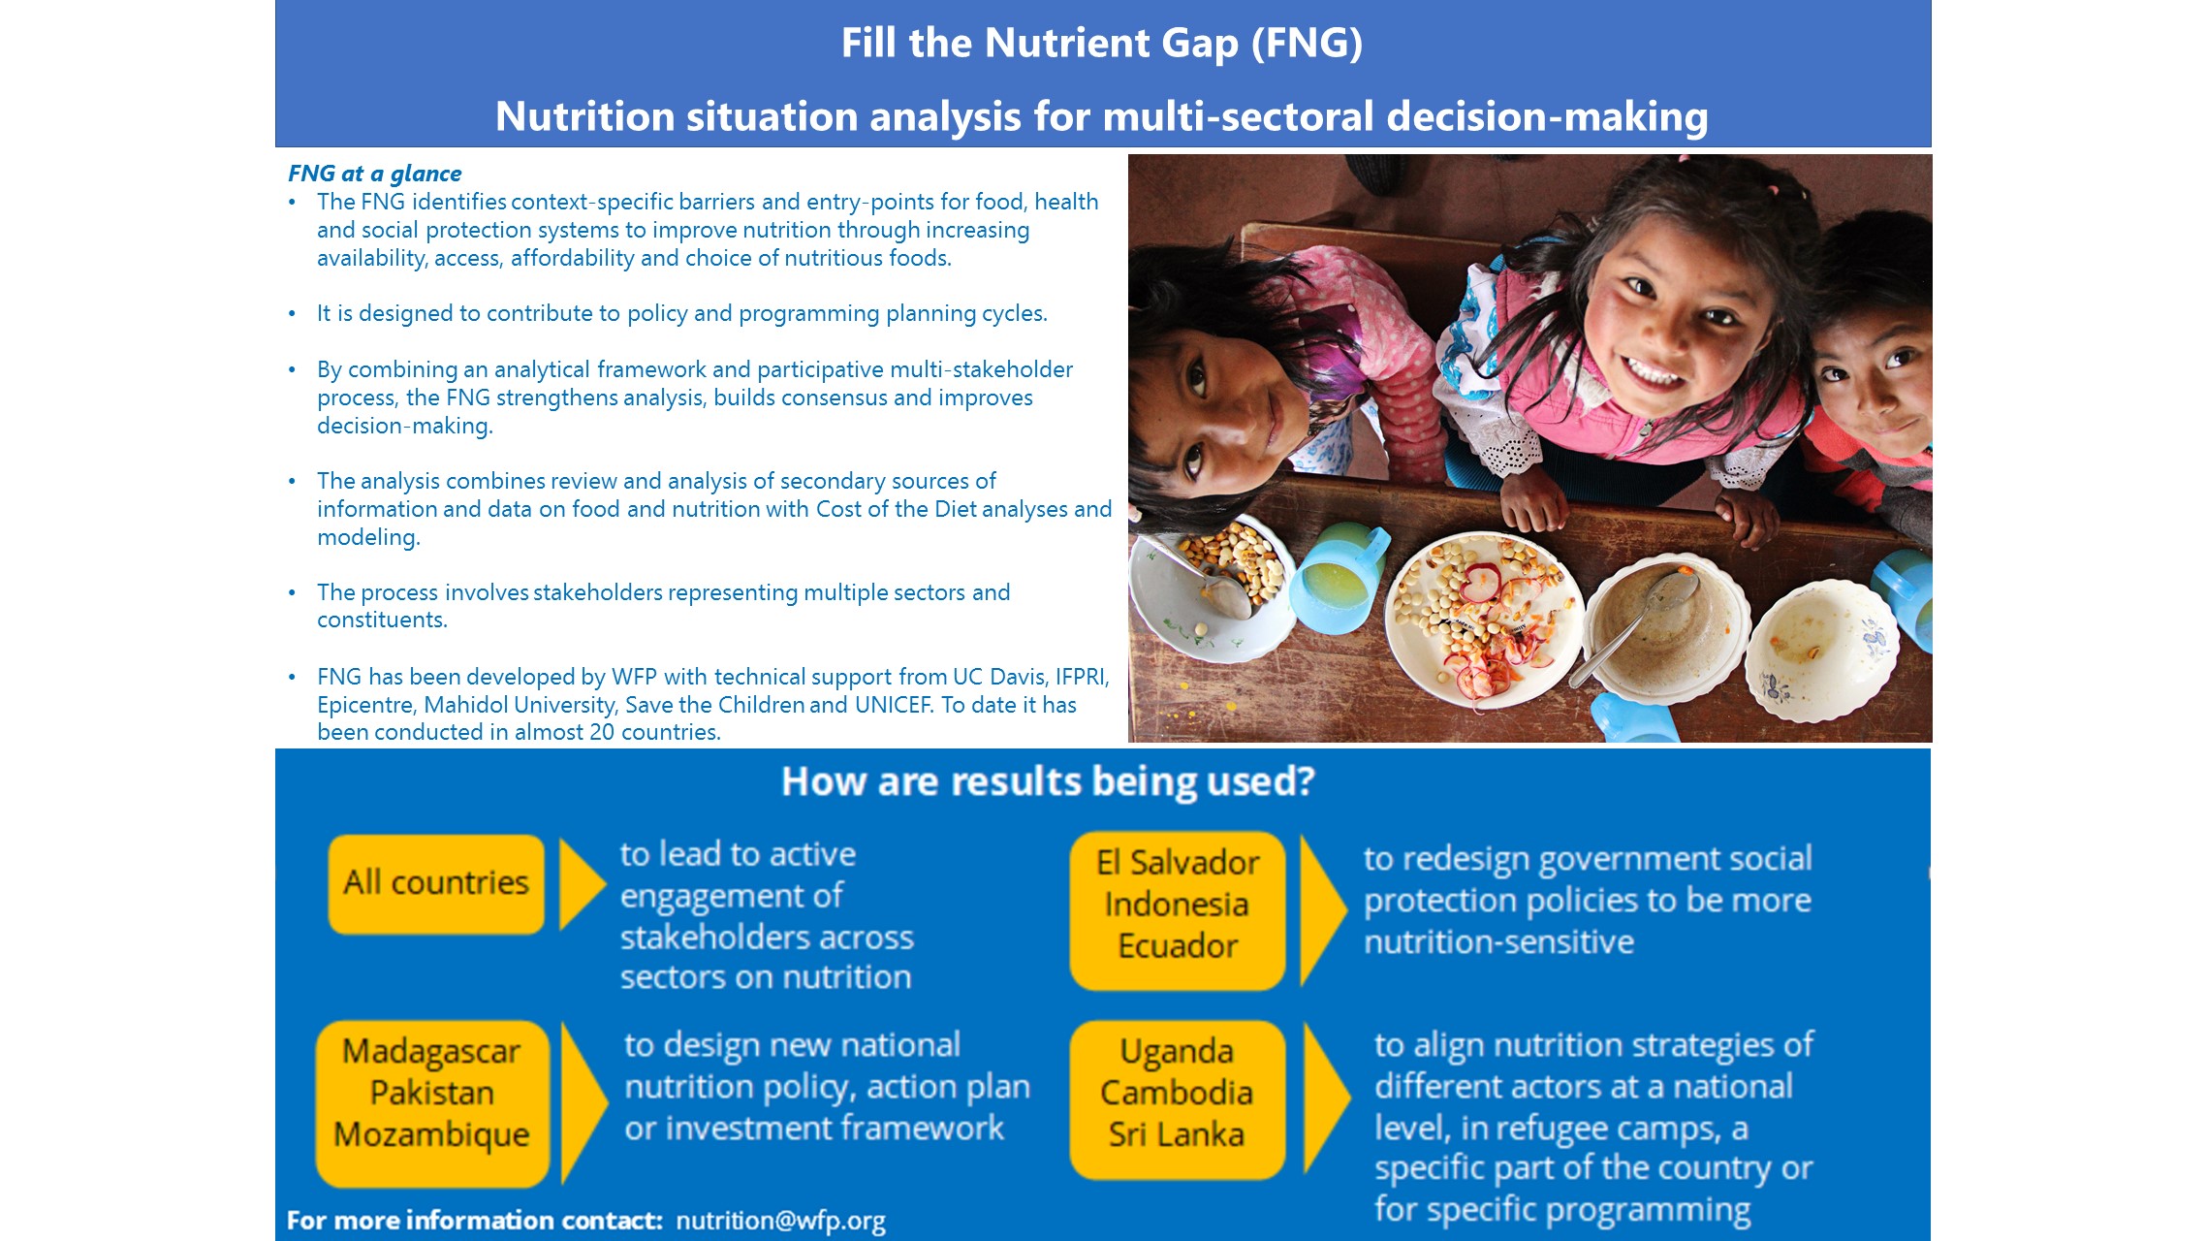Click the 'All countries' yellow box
click(x=436, y=884)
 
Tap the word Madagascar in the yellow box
click(x=431, y=1052)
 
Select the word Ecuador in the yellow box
click(x=1178, y=945)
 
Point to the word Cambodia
click(x=1177, y=1093)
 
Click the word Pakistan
click(x=432, y=1093)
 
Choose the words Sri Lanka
click(x=1177, y=1134)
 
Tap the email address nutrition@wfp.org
click(x=780, y=1221)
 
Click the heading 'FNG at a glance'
click(x=375, y=174)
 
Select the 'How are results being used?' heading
click(x=1048, y=781)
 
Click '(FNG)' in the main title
click(x=1307, y=43)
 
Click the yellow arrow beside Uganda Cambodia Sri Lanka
click(x=1326, y=1098)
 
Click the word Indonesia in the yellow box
click(x=1177, y=905)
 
